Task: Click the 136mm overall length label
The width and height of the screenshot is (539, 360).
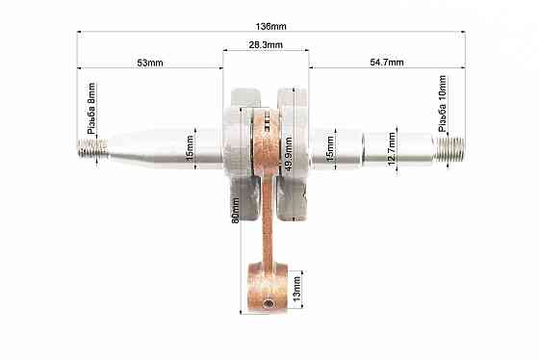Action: (x=270, y=27)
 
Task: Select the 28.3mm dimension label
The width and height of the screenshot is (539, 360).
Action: (x=266, y=44)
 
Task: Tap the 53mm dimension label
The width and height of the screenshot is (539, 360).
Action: (x=150, y=63)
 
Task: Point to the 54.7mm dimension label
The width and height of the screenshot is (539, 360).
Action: (x=387, y=63)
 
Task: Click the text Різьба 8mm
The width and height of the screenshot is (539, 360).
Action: (x=91, y=109)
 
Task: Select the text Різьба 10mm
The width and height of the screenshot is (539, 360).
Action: (x=442, y=104)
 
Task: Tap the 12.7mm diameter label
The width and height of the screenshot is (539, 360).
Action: (x=392, y=148)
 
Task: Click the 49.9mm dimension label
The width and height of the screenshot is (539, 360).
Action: (x=288, y=154)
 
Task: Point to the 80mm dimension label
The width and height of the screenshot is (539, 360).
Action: (x=235, y=210)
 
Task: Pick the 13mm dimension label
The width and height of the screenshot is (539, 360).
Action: (x=297, y=289)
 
